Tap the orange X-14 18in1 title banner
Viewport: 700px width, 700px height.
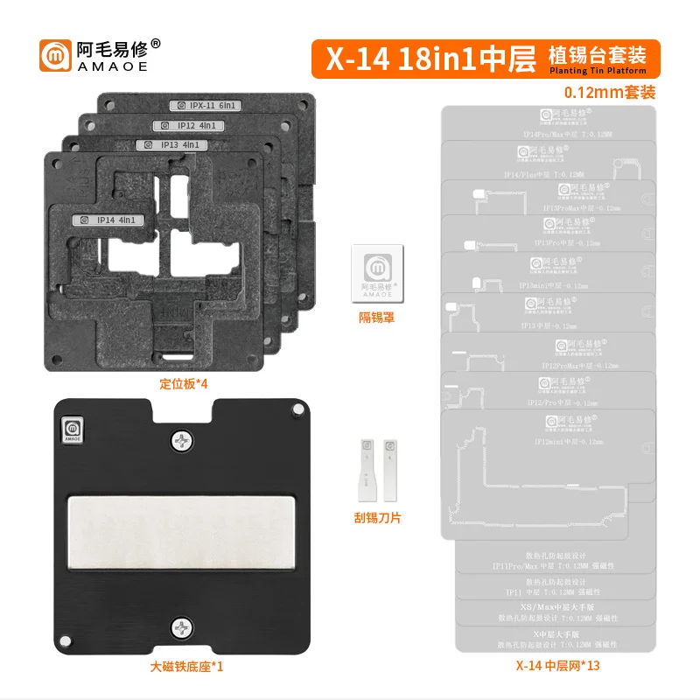click(486, 56)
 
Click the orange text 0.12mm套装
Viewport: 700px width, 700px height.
click(610, 91)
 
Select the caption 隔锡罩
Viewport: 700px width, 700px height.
click(377, 318)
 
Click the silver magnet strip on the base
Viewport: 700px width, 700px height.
click(184, 535)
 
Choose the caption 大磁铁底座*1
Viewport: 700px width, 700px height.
click(184, 668)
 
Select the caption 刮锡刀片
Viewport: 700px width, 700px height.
click(376, 518)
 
